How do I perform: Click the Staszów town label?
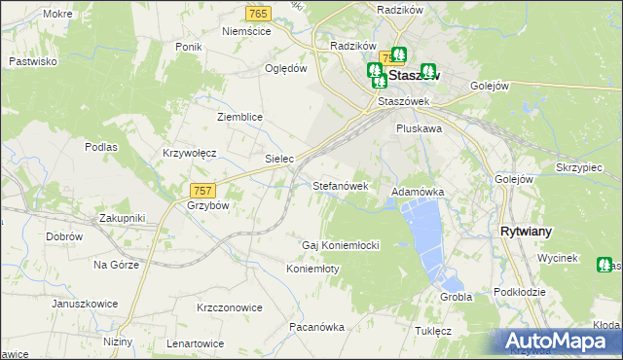(x=415, y=74)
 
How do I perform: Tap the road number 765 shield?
(x=258, y=13)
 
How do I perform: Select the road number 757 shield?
(x=202, y=191)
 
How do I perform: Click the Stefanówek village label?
(x=341, y=185)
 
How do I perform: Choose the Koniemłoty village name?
(x=312, y=269)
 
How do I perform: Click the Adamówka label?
(x=418, y=193)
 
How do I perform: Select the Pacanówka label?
(x=317, y=327)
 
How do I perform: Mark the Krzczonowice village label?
(x=230, y=307)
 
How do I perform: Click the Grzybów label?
(x=207, y=206)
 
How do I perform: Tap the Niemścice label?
(x=245, y=31)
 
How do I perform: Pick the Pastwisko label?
(x=33, y=60)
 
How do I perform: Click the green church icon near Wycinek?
(x=605, y=264)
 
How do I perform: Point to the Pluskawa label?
(x=420, y=127)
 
